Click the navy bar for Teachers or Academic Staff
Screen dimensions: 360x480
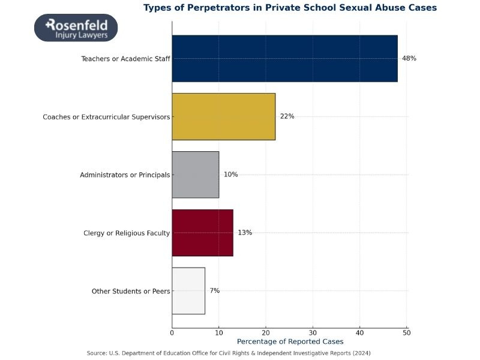284,58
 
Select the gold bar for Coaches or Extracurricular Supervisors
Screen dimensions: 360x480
223,116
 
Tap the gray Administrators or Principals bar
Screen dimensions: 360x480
195,175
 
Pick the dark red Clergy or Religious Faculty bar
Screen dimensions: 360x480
202,233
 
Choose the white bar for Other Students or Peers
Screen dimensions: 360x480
188,291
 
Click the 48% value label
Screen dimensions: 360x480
409,58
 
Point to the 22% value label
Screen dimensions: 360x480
287,116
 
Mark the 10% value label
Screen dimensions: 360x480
230,175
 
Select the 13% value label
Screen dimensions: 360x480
245,233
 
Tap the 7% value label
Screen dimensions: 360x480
214,291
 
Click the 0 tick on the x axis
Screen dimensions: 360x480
172,332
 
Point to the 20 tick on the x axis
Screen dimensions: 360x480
266,332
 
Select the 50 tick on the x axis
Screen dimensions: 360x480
407,332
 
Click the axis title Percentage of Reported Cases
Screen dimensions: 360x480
290,341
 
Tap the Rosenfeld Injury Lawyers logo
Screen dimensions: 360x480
76,28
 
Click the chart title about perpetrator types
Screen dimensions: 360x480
290,8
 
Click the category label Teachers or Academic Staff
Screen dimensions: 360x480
125,59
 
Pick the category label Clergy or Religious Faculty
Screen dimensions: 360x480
127,233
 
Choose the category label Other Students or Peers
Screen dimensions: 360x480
131,291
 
